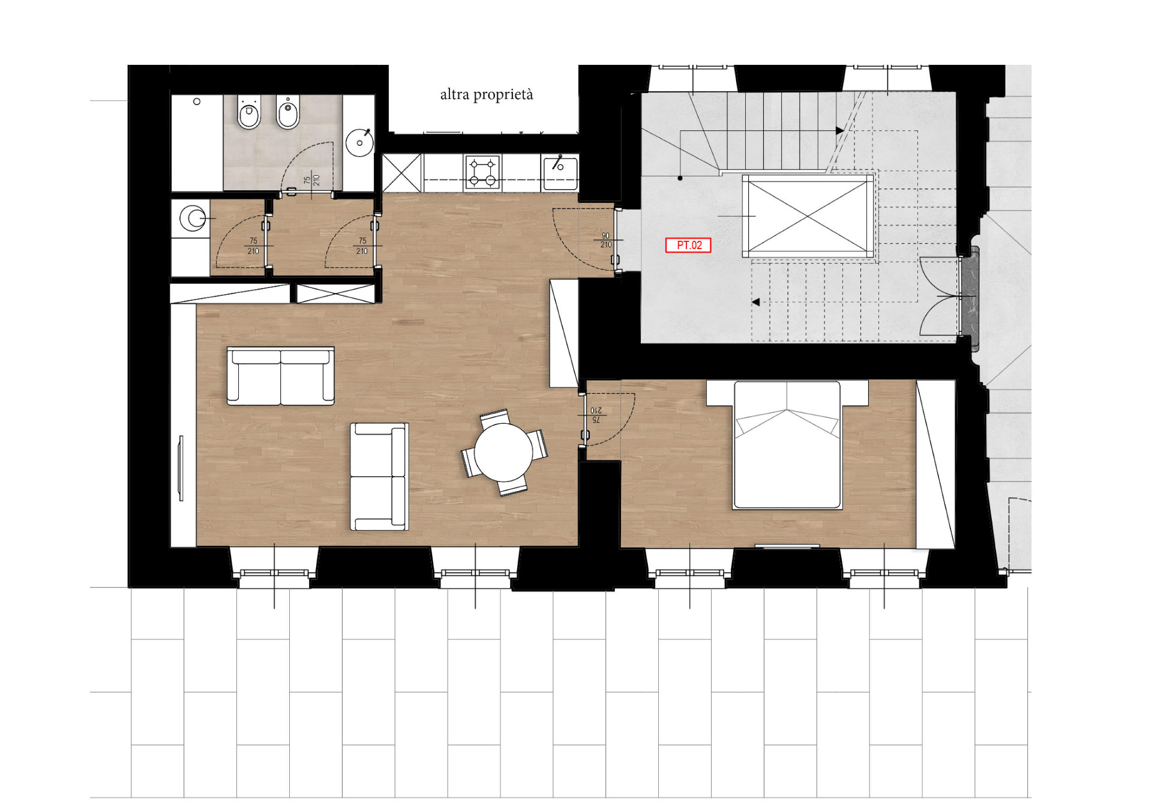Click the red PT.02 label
[x=688, y=245]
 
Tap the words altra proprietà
[x=487, y=95]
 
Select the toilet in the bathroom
[x=248, y=112]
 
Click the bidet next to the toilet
[x=288, y=112]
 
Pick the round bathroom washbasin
[x=360, y=142]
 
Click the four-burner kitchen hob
[x=482, y=172]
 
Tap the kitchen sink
[x=560, y=172]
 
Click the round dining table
[x=503, y=452]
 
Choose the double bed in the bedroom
[x=787, y=445]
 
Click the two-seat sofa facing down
[x=280, y=376]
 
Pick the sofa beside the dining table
[x=379, y=477]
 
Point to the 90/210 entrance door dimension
[x=606, y=240]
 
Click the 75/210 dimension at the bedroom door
[x=596, y=415]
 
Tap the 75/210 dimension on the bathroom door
[x=311, y=179]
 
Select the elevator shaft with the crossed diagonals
[x=808, y=216]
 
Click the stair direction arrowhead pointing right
[x=839, y=130]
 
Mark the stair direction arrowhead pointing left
[x=756, y=302]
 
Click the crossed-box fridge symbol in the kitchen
[x=402, y=173]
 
